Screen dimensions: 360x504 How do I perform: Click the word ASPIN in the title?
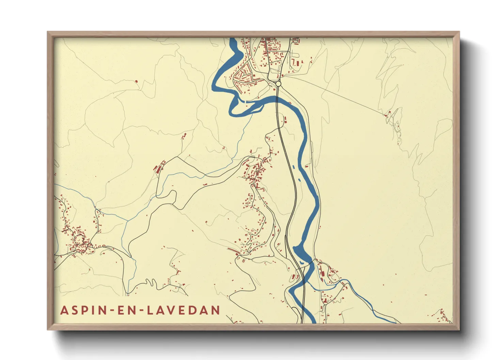pyautogui.click(x=81, y=310)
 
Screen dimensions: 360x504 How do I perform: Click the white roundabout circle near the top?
pyautogui.click(x=278, y=83)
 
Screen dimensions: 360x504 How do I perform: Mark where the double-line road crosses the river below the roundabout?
pyautogui.click(x=277, y=99)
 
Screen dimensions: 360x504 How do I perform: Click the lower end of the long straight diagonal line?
pyautogui.click(x=386, y=115)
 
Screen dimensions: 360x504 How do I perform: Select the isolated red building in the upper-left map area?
pyautogui.click(x=137, y=81)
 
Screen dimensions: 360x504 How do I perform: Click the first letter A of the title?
pyautogui.click(x=64, y=310)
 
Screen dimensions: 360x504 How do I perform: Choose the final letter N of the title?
pyautogui.click(x=215, y=310)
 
